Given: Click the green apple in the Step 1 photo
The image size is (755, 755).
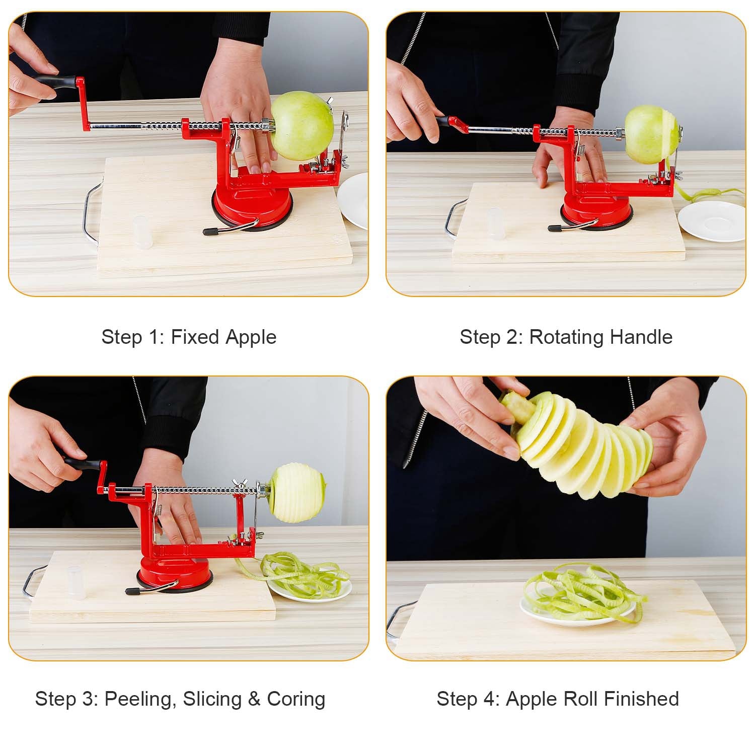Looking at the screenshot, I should tap(301, 126).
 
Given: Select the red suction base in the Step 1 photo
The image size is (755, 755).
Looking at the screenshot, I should tap(252, 207).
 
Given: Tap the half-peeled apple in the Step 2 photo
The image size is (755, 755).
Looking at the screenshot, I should tap(652, 134).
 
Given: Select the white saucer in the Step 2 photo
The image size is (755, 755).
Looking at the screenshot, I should tap(711, 221).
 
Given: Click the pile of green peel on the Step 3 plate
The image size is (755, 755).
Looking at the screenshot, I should tap(302, 576).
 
